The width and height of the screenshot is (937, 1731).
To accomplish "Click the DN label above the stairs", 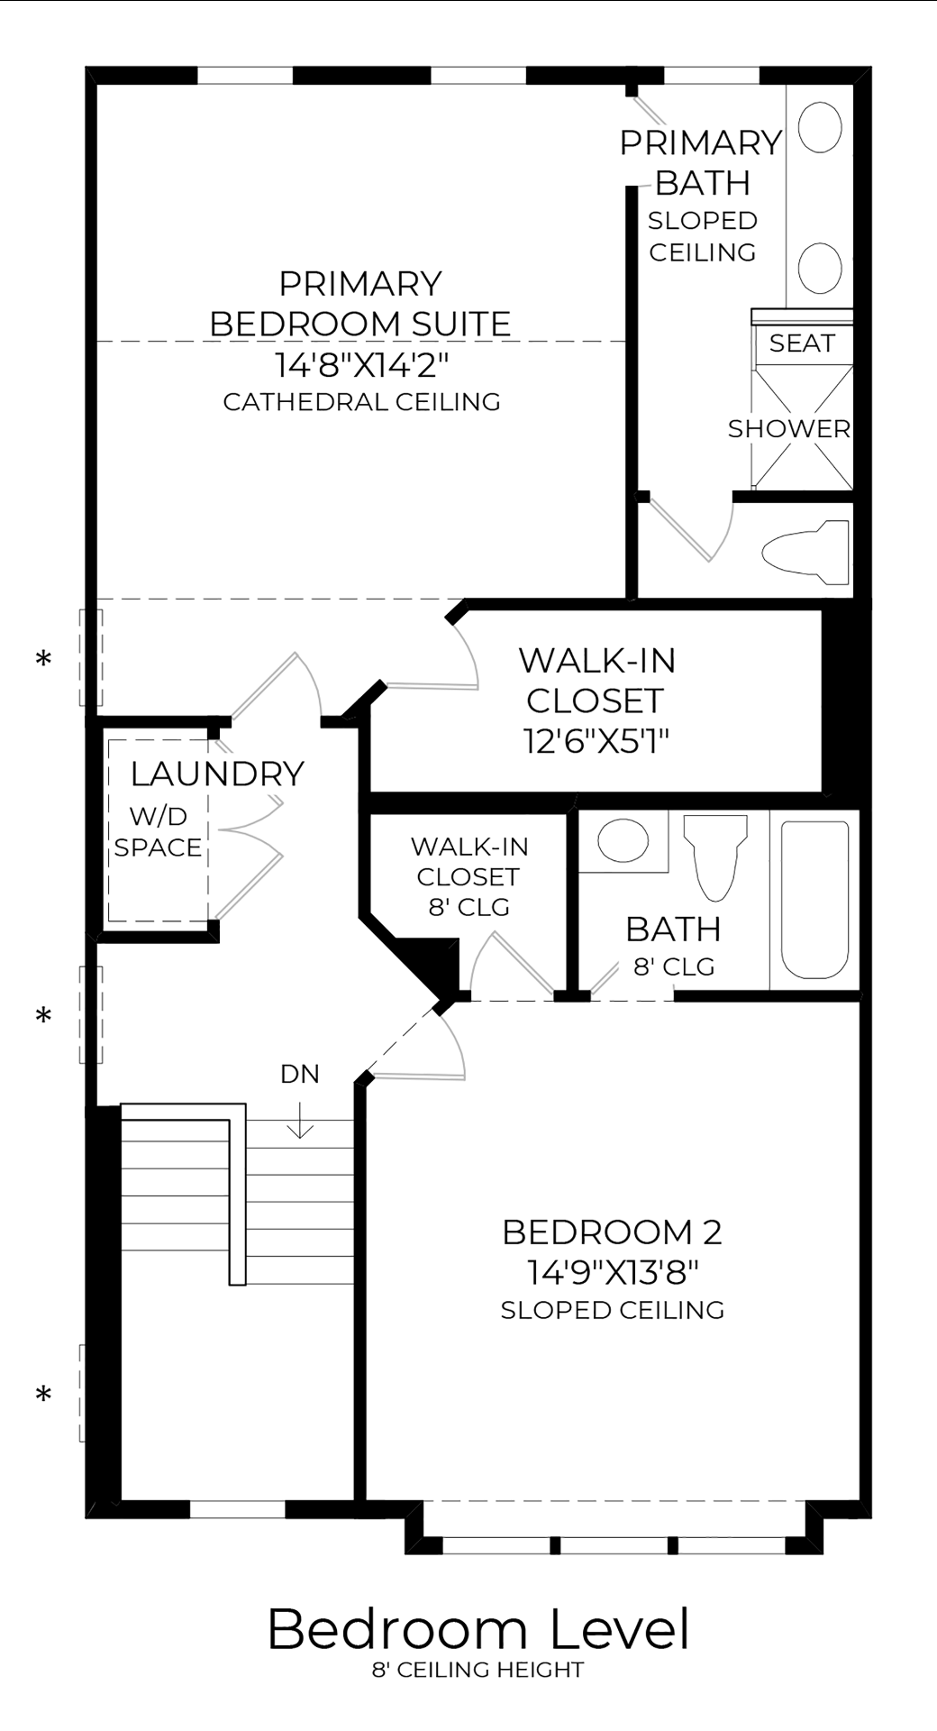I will (299, 1074).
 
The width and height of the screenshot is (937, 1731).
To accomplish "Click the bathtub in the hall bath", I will (814, 899).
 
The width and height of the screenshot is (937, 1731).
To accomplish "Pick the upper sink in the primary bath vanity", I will (820, 127).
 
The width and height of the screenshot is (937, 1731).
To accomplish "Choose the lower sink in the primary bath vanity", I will (820, 267).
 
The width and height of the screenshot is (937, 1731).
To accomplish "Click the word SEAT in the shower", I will (802, 343).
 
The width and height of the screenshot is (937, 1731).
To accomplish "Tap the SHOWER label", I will (789, 429).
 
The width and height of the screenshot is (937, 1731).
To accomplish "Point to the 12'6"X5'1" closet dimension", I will (596, 741).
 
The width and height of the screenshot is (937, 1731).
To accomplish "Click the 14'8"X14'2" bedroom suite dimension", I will (361, 365).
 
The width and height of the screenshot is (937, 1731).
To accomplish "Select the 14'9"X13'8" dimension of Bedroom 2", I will (613, 1272).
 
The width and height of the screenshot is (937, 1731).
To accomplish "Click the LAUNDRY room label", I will (217, 774).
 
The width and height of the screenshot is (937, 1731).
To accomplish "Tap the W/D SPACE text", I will (158, 831).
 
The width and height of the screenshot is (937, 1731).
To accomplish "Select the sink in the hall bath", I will (623, 840).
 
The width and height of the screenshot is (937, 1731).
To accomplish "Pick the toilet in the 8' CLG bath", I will (715, 856).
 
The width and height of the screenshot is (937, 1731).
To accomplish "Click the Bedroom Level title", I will (478, 1630).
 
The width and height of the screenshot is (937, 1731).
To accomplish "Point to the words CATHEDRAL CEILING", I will (361, 402).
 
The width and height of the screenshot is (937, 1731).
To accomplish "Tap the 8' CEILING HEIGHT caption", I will (478, 1671).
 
